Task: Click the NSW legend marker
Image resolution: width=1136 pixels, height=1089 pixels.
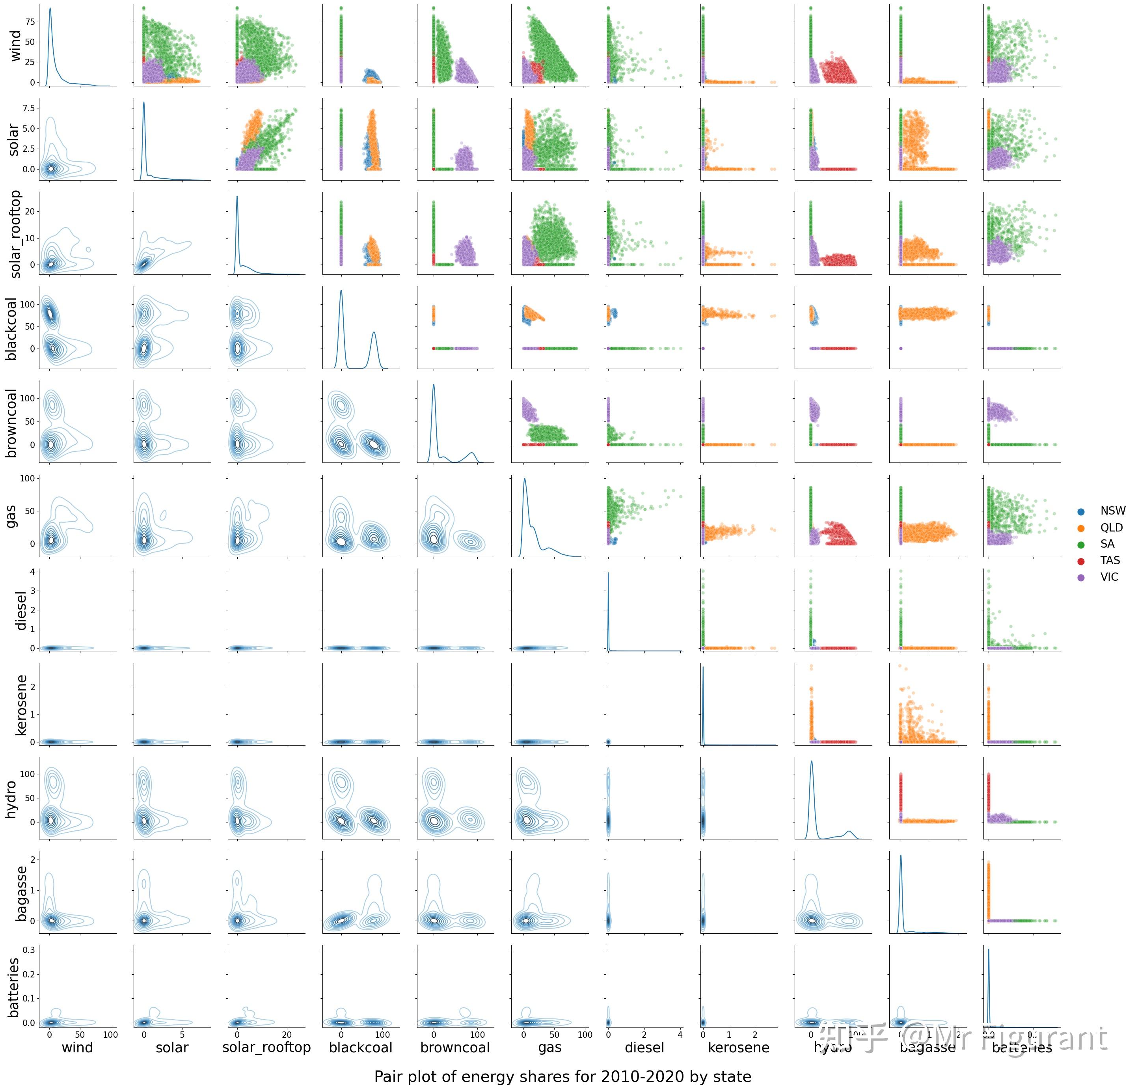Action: (1081, 511)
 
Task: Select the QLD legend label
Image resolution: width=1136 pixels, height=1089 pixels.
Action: (1111, 528)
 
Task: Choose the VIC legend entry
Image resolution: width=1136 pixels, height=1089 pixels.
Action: (1109, 577)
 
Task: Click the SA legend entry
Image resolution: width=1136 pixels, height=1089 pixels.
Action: (1107, 544)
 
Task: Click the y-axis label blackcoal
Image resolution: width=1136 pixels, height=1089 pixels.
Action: (11, 328)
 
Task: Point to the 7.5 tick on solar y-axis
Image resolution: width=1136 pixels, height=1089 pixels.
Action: (28, 108)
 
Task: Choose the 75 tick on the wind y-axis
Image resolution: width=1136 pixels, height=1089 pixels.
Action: (30, 21)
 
